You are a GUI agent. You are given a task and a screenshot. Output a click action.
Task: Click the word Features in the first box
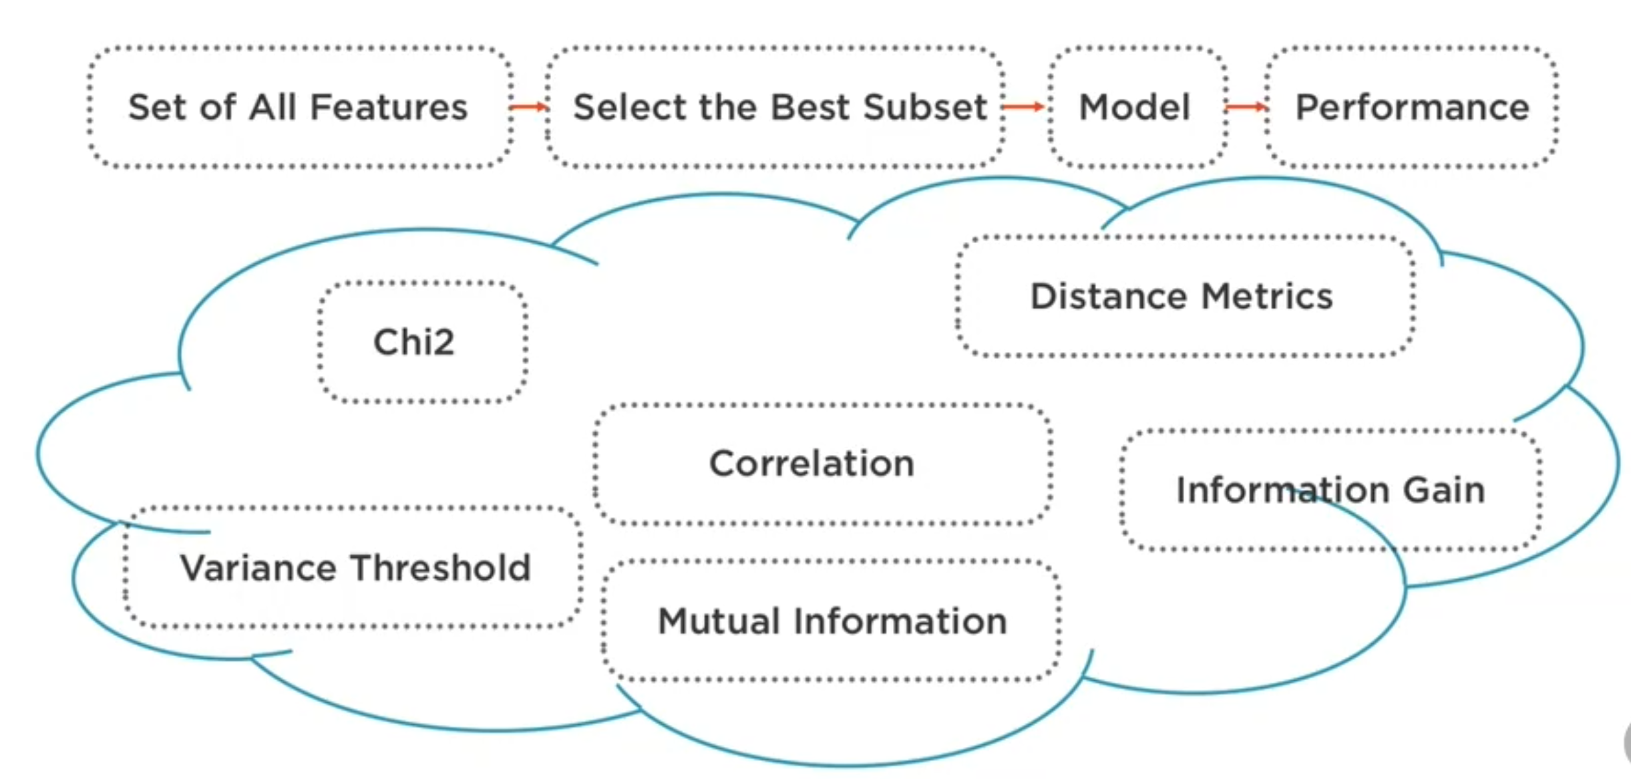coord(389,108)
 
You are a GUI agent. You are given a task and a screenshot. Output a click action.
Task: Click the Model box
coord(1135,108)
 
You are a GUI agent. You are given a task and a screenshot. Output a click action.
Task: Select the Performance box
coord(1412,108)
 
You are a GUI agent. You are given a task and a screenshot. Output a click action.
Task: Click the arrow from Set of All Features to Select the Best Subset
coord(528,107)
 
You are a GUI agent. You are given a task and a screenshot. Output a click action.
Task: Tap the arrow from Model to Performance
coord(1246,107)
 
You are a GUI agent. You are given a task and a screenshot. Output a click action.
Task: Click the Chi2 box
coord(414,342)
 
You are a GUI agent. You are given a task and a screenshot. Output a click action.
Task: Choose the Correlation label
coord(811,464)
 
